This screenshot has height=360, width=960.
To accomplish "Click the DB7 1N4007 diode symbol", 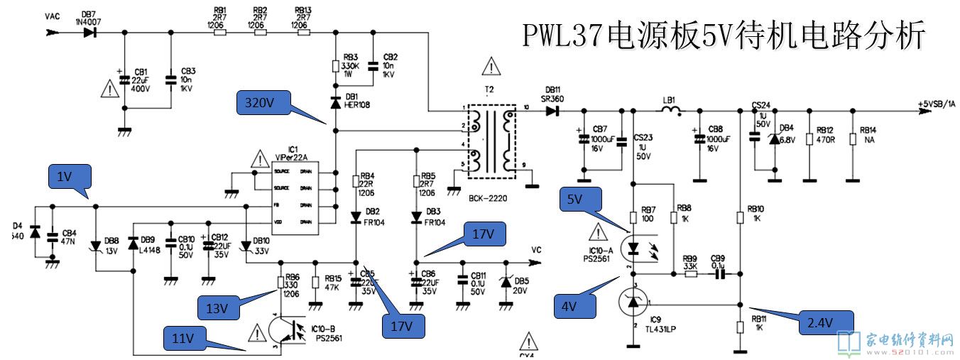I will [89, 33].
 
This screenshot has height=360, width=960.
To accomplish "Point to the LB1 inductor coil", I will [671, 110].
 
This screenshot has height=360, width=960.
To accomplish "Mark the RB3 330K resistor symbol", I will [336, 66].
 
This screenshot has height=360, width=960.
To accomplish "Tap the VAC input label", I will [52, 16].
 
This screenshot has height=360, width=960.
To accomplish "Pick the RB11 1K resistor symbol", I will [740, 325].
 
